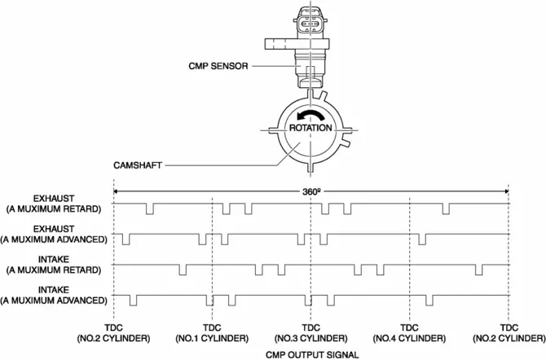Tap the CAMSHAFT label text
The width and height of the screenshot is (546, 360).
pos(187,164)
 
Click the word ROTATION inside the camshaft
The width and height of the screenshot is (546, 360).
pos(310,128)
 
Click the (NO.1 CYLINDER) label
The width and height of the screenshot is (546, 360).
pos(211,337)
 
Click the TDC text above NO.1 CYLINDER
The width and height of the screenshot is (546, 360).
pos(211,327)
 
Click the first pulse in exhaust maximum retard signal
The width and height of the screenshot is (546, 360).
pos(149,209)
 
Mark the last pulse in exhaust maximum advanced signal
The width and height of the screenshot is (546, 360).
pos(421,239)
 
